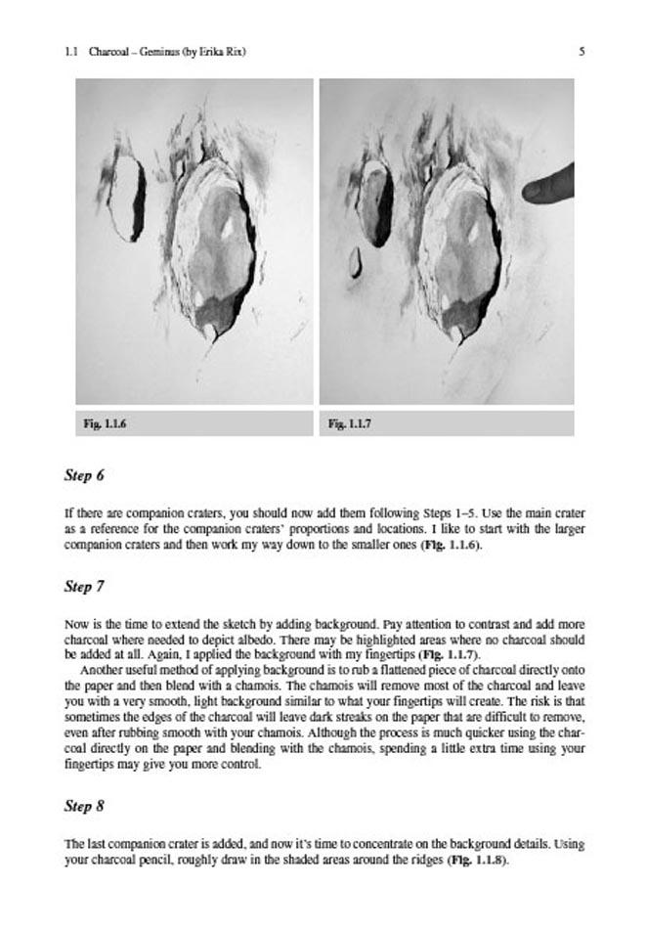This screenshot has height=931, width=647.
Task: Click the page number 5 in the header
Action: pos(582,52)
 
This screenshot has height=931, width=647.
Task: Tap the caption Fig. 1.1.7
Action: pos(350,423)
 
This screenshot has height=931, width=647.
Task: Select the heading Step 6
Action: pos(84,476)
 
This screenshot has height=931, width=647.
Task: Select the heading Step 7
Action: pos(84,587)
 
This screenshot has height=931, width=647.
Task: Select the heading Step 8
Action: pos(84,807)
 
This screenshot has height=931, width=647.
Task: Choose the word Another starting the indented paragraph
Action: pos(103,670)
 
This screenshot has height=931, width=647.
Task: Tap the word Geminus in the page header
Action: pos(151,52)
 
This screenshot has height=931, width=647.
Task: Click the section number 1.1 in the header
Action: pos(69,52)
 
